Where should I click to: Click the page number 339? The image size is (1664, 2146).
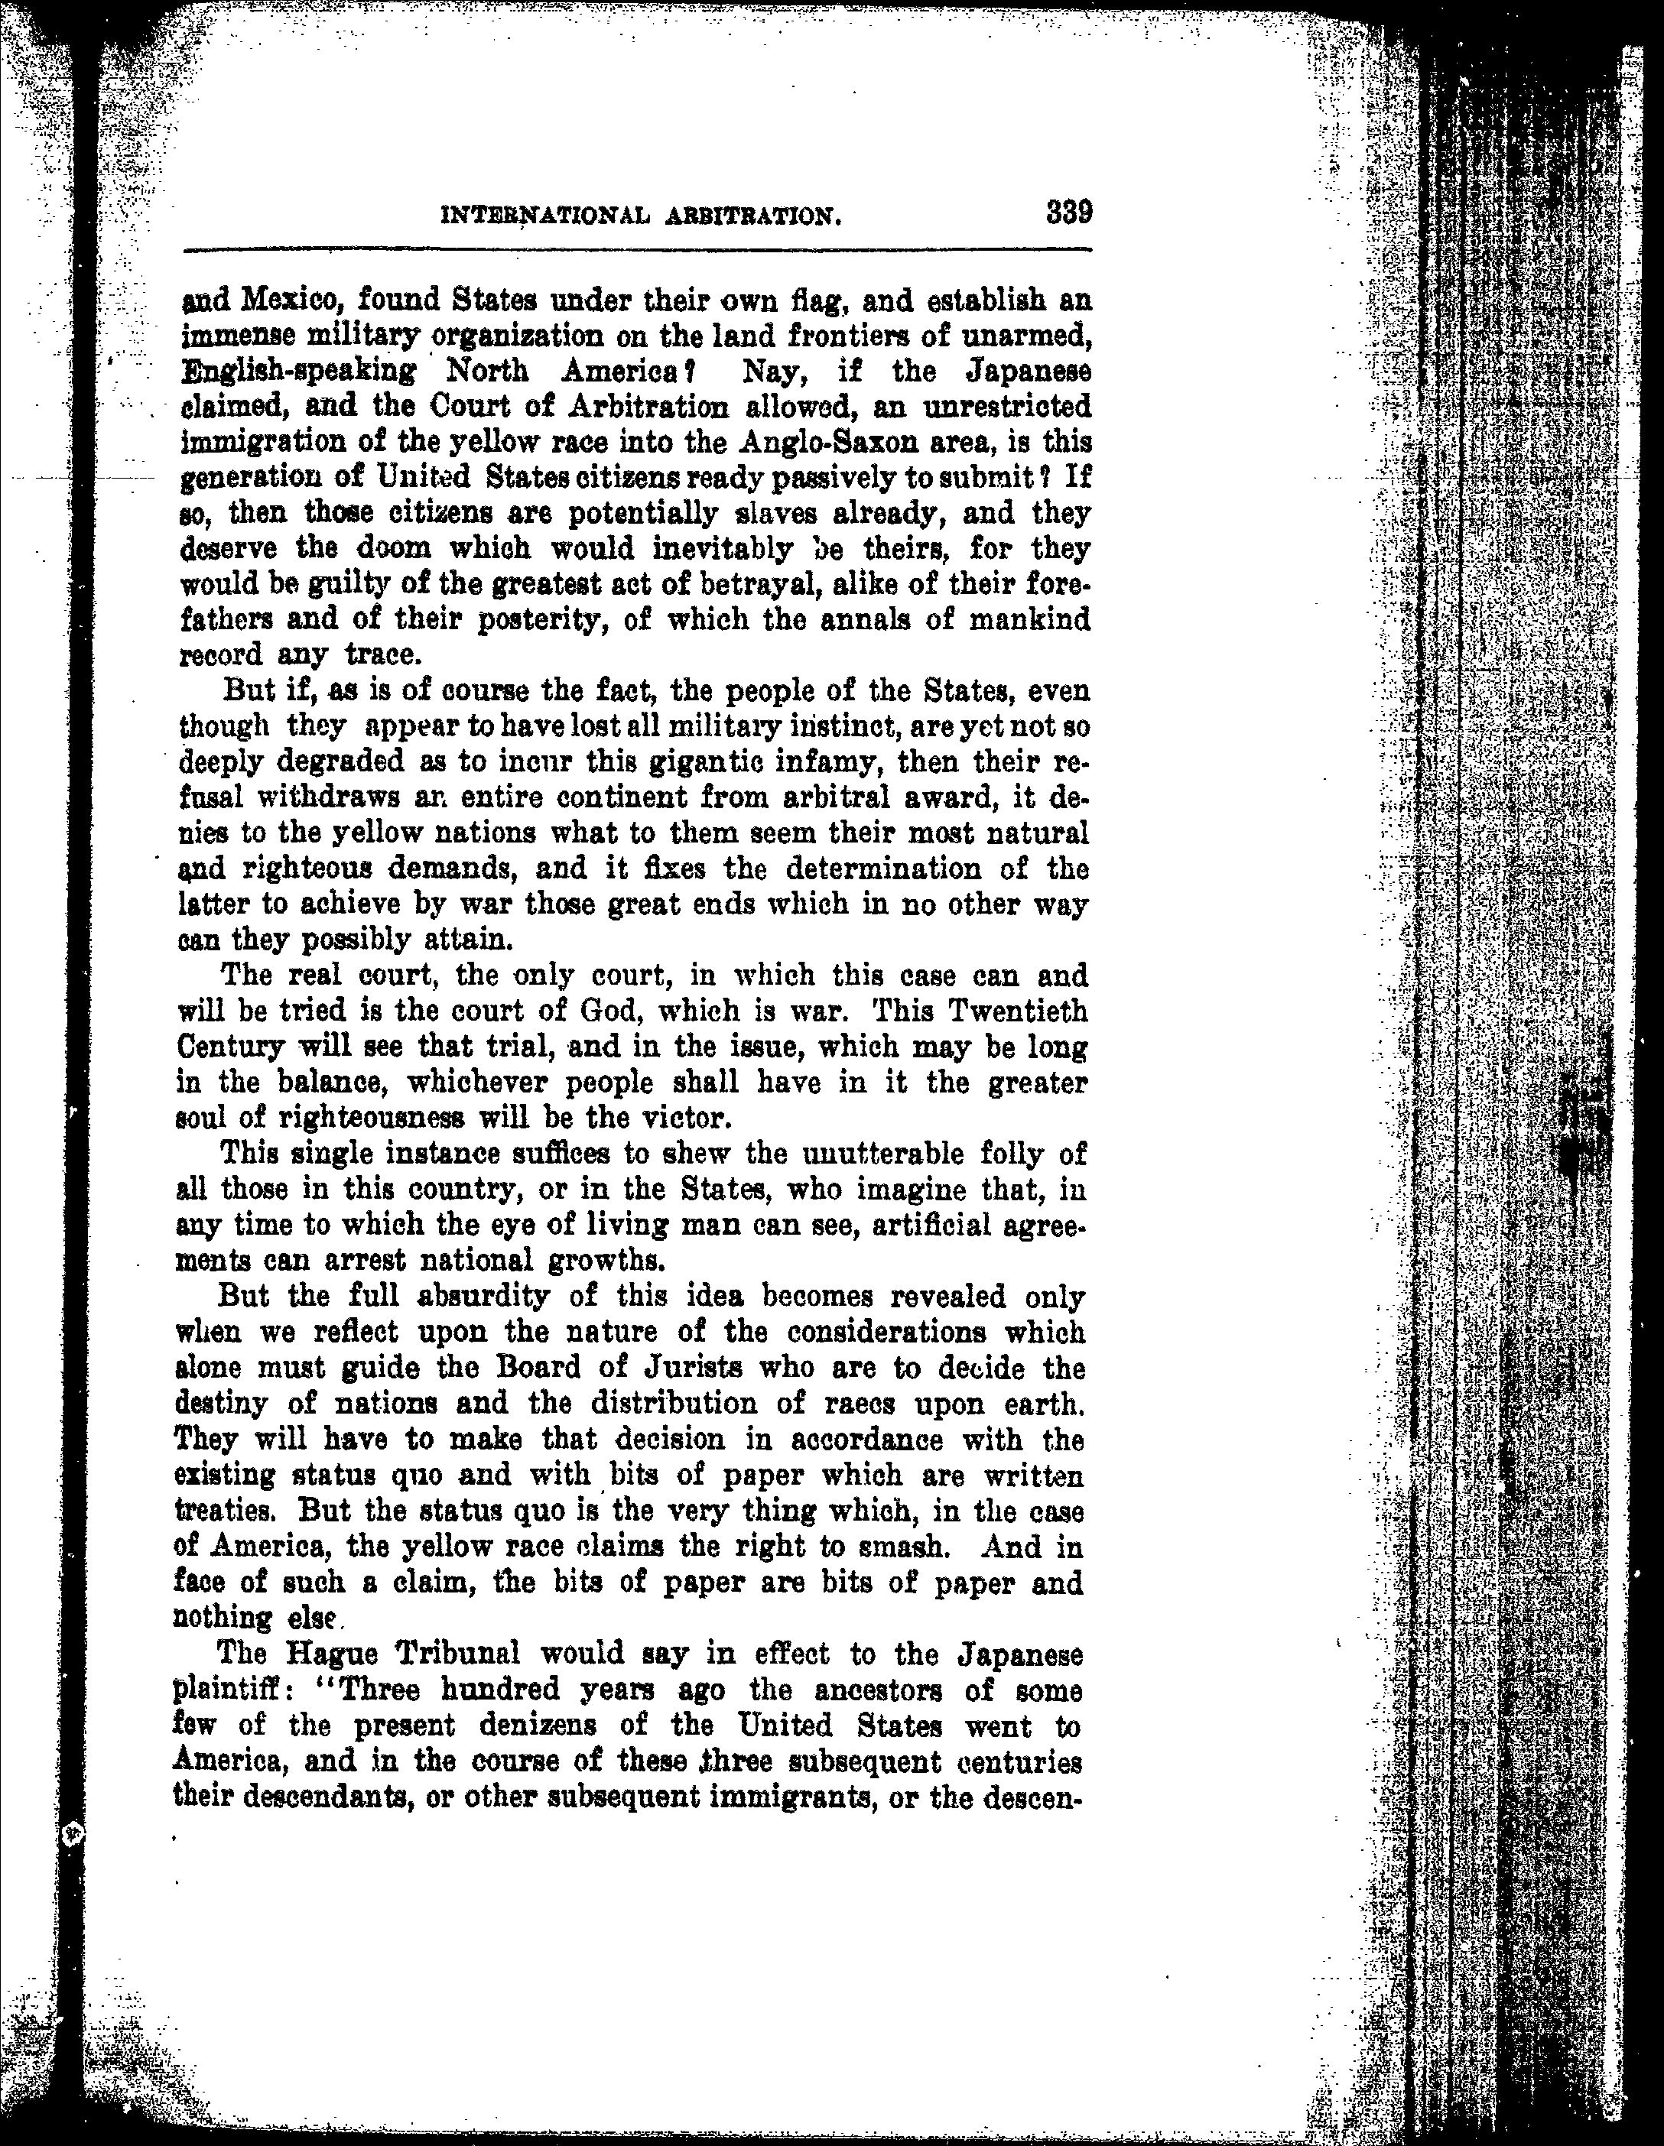tap(1069, 213)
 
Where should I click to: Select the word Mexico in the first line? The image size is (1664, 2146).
tap(293, 299)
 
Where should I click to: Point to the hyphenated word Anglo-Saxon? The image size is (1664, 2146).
tap(820, 442)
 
